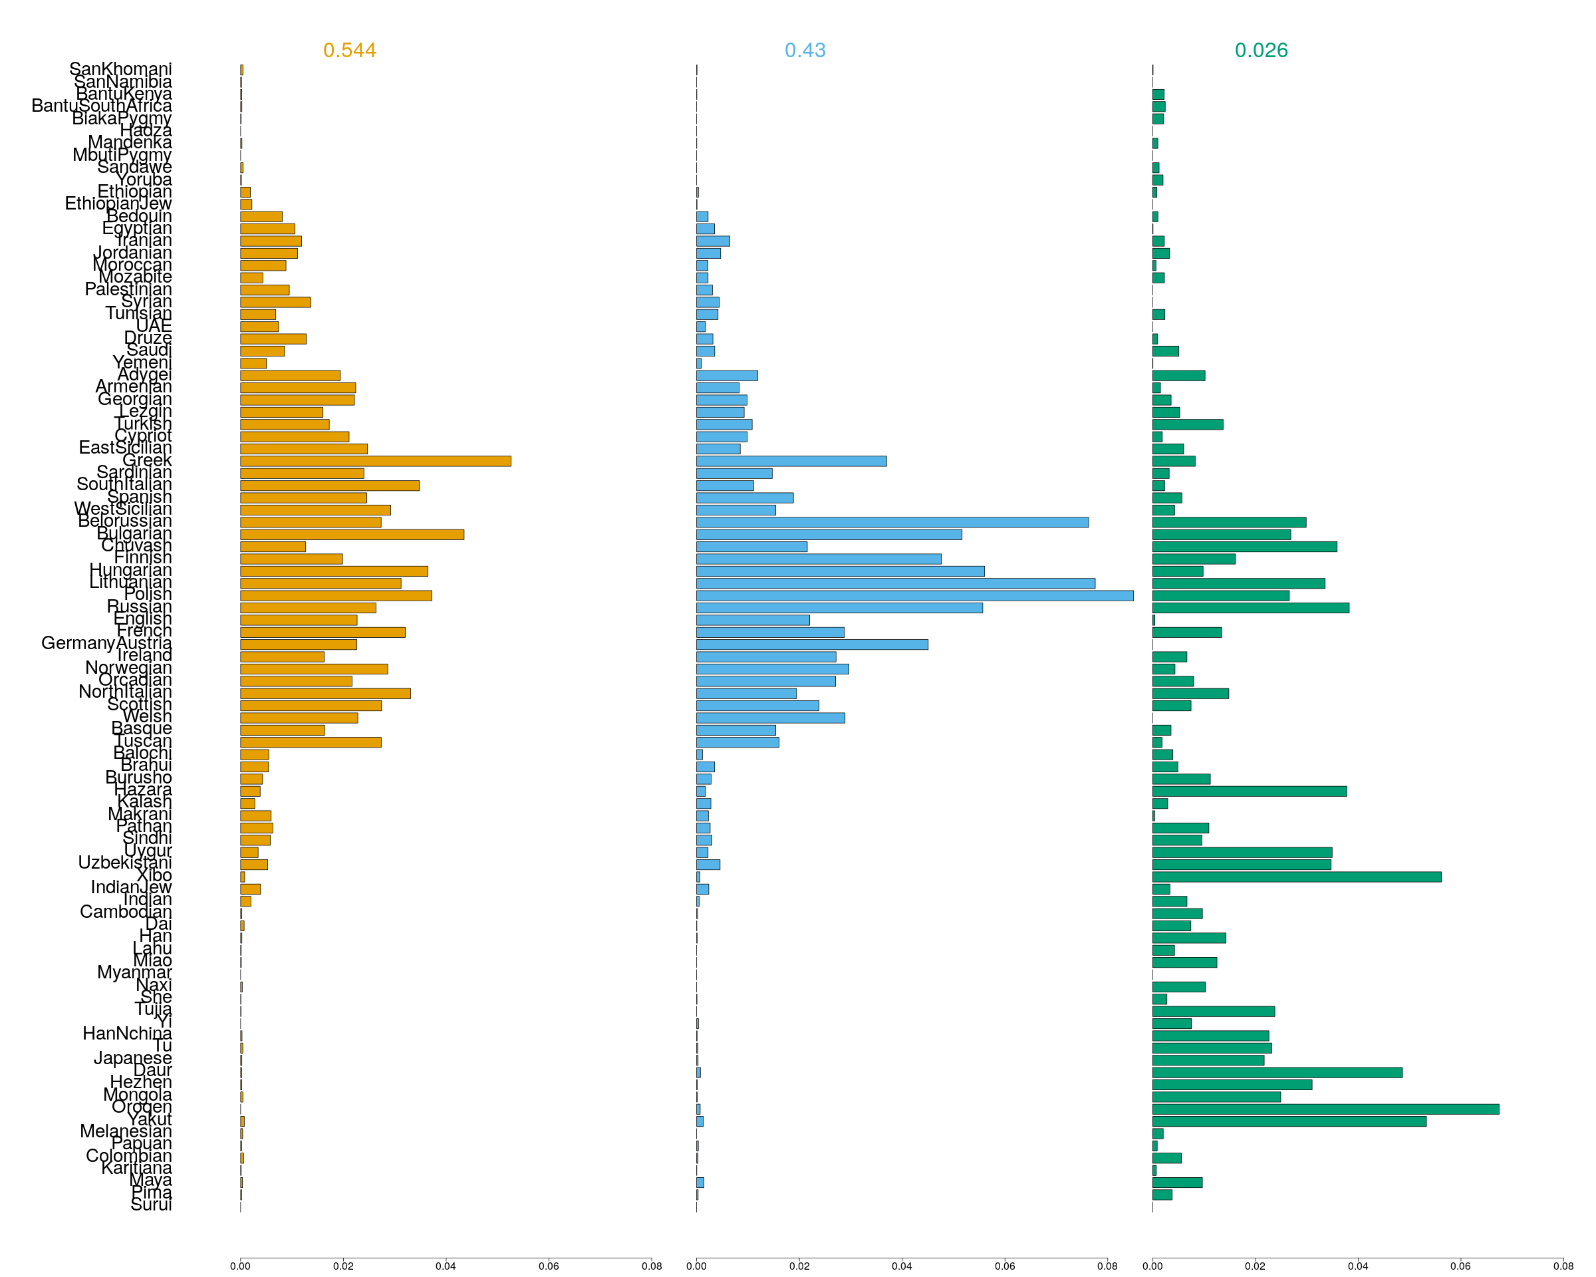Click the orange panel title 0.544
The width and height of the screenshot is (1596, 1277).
[349, 51]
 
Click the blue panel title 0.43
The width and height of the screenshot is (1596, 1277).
[805, 51]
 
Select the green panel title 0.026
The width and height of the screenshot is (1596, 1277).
[1261, 51]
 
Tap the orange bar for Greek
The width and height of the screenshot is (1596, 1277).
[375, 461]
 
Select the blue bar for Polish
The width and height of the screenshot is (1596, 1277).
[914, 596]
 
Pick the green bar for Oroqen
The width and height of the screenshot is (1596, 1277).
[1325, 1109]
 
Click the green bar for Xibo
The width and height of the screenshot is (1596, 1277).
[1296, 877]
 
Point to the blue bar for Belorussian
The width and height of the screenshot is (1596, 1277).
[892, 523]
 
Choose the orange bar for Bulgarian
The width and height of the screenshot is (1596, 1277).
[352, 535]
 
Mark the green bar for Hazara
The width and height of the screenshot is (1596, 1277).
[1249, 791]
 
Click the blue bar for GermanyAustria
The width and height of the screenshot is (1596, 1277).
[811, 644]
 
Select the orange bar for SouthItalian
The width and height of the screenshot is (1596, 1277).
[329, 486]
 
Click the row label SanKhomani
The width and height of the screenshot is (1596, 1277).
[120, 69]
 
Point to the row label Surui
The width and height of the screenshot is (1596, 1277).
[151, 1205]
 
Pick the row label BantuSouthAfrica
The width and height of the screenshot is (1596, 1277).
[102, 106]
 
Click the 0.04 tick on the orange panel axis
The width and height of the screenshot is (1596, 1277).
[446, 1266]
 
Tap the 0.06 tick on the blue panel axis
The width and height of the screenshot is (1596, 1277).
[1005, 1266]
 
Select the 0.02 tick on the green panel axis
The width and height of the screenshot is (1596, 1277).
[1255, 1266]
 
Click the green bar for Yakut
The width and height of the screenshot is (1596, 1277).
[1289, 1121]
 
